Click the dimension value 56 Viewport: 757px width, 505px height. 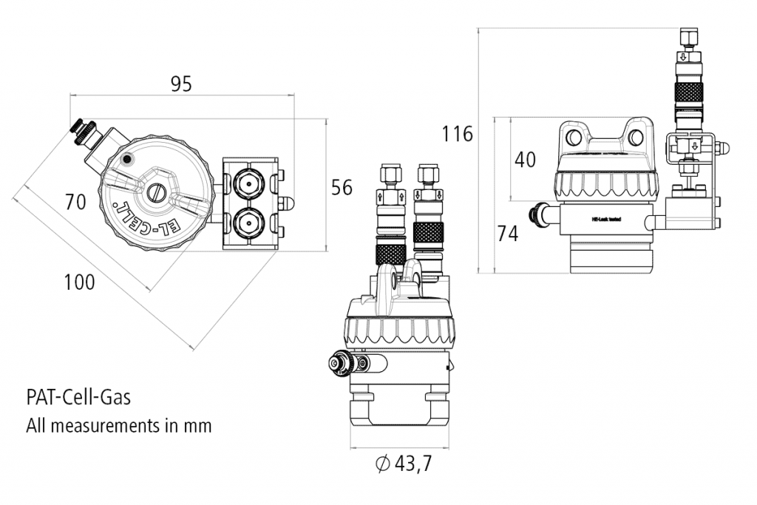pos(342,187)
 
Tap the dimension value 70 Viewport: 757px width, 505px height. pos(75,202)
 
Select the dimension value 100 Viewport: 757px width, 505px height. pos(79,282)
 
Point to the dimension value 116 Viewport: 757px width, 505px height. pos(457,134)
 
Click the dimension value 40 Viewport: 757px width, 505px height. pos(525,160)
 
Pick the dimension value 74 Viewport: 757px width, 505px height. pos(507,234)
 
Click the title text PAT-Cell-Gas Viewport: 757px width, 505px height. pos(78,398)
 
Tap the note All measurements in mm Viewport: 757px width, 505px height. pos(119,426)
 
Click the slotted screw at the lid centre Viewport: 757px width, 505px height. pos(155,192)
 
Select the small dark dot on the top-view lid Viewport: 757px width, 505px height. pos(128,158)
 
